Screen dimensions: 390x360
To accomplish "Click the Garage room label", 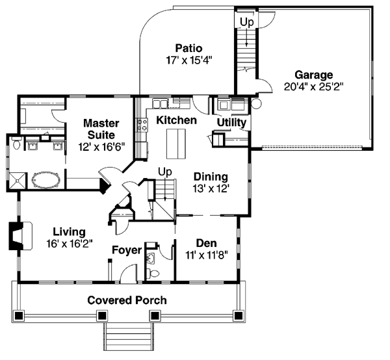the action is [313, 75].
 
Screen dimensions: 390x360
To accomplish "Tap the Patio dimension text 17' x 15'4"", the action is [189, 60].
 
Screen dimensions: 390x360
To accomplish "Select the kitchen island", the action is [176, 144].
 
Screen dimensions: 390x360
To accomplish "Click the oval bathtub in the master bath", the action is [45, 180].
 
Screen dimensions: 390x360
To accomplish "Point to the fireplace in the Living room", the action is [20, 236].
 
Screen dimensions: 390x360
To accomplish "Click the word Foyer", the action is [127, 250].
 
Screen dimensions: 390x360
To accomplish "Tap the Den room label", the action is [207, 243].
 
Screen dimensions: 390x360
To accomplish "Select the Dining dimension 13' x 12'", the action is [211, 188].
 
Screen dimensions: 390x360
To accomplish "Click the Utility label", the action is [231, 122].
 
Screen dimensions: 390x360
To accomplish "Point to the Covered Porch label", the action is [127, 300].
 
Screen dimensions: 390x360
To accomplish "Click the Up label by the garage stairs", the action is [247, 22].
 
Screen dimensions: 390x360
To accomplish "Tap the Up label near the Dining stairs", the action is [165, 172].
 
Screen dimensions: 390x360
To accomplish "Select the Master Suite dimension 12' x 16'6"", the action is [101, 147].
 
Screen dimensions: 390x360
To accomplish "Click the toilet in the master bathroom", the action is [17, 143].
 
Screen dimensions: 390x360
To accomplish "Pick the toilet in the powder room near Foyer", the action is [153, 274].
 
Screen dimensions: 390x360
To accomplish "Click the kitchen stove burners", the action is [142, 125].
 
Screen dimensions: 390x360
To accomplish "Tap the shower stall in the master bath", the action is [18, 181].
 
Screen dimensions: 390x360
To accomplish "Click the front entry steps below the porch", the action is [129, 337].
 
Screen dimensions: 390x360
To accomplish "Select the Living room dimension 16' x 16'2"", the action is [70, 244].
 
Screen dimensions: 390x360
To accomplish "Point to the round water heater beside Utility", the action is [256, 104].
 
